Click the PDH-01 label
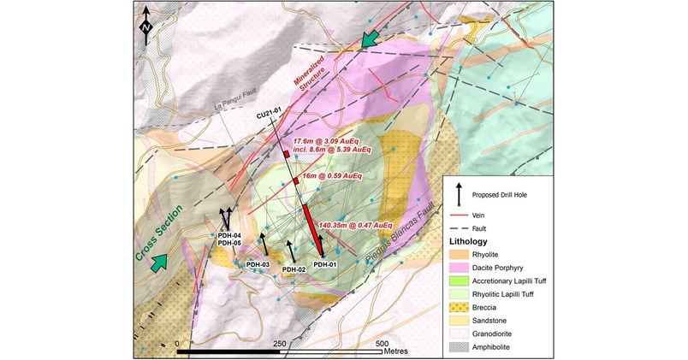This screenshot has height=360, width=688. pos(323,265)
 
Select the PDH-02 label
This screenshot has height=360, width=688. pos(294,269)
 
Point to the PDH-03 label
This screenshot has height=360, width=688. pos(258,265)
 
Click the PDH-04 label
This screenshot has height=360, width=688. pos(229,235)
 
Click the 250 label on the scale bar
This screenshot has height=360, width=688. pos(277,342)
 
